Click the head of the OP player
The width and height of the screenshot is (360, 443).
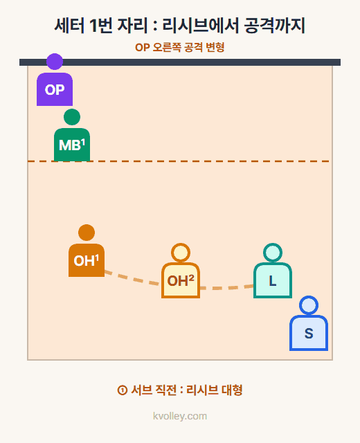tap(55, 62)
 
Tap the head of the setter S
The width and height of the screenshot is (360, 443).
tap(309, 305)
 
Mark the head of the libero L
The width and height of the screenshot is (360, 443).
tap(273, 253)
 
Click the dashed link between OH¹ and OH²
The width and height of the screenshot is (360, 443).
tap(132, 278)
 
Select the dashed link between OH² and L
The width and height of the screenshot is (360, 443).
tap(226, 288)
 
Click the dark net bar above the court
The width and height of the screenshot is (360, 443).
tap(180, 62)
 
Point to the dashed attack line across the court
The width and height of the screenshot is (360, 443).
tap(180, 161)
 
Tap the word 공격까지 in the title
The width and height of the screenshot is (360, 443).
tap(274, 26)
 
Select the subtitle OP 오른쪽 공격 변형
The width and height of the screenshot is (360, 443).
tap(180, 47)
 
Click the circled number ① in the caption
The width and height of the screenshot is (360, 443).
tap(122, 390)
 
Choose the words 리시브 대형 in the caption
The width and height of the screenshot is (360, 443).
tap(215, 390)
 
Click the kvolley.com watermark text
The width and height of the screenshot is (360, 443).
tap(180, 416)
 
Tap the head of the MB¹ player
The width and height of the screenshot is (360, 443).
tap(72, 117)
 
